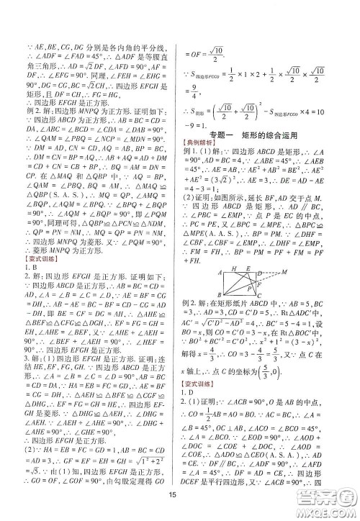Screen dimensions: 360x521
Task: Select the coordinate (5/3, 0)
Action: pos(271,389)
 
